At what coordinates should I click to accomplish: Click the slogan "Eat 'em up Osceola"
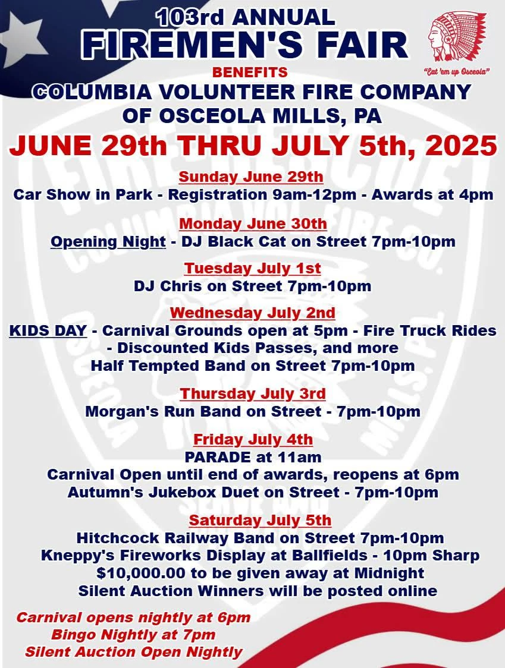(458, 72)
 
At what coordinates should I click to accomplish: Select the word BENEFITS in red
(250, 73)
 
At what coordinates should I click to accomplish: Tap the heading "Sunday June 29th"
(251, 177)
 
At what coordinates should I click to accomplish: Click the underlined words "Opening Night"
(108, 241)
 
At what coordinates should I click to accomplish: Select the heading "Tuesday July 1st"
(252, 269)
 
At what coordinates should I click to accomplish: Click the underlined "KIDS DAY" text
(48, 330)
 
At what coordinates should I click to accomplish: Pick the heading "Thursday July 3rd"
(252, 393)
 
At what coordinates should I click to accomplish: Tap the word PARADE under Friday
(218, 457)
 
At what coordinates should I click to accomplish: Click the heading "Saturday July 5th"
(260, 520)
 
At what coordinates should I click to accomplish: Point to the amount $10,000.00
(141, 574)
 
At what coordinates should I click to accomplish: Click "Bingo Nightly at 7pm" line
(133, 634)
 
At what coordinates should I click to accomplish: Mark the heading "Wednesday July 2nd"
(252, 313)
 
